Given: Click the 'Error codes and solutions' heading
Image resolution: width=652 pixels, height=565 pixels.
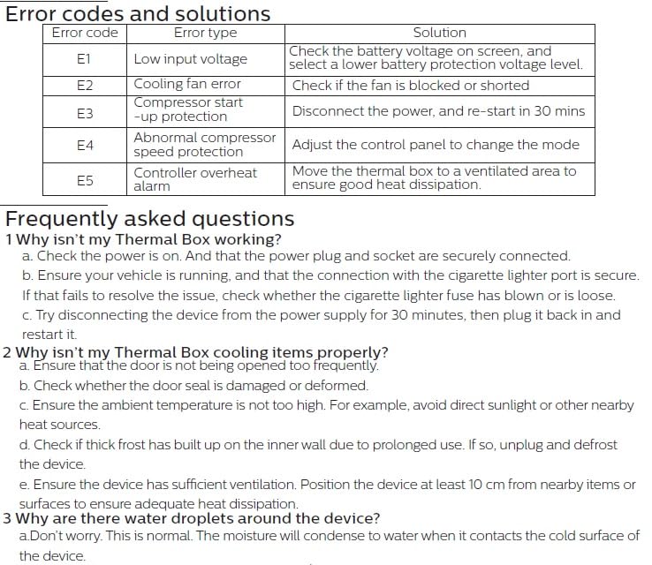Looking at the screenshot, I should click(x=139, y=14).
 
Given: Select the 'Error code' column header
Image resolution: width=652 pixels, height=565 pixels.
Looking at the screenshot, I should click(x=85, y=33).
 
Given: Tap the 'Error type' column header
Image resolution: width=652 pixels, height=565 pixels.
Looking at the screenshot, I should click(x=205, y=33).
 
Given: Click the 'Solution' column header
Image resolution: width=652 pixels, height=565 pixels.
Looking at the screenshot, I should click(x=439, y=33).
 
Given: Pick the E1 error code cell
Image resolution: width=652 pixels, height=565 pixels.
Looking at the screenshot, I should click(x=85, y=59).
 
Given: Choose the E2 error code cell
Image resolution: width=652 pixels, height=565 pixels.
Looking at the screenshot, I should click(x=85, y=86).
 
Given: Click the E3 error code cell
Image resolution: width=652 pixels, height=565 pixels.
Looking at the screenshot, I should click(x=85, y=113).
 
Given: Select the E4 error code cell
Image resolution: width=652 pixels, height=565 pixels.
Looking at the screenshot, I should click(x=85, y=145).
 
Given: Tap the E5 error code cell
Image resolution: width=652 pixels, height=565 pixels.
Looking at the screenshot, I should click(x=85, y=180).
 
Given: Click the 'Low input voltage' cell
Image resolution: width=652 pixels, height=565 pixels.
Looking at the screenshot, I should click(x=190, y=59).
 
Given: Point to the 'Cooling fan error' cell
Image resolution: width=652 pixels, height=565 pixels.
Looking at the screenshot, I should click(x=187, y=85).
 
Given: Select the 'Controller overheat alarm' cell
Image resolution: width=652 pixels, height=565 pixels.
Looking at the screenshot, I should click(x=195, y=179).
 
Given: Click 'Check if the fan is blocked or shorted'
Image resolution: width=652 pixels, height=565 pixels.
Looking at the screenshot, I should click(x=411, y=86).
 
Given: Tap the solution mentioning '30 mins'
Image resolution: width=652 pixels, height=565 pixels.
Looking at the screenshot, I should click(x=438, y=112).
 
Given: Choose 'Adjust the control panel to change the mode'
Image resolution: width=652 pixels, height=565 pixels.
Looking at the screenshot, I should click(x=436, y=145).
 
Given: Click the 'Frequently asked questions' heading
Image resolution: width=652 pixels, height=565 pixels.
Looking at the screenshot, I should click(x=150, y=219).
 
